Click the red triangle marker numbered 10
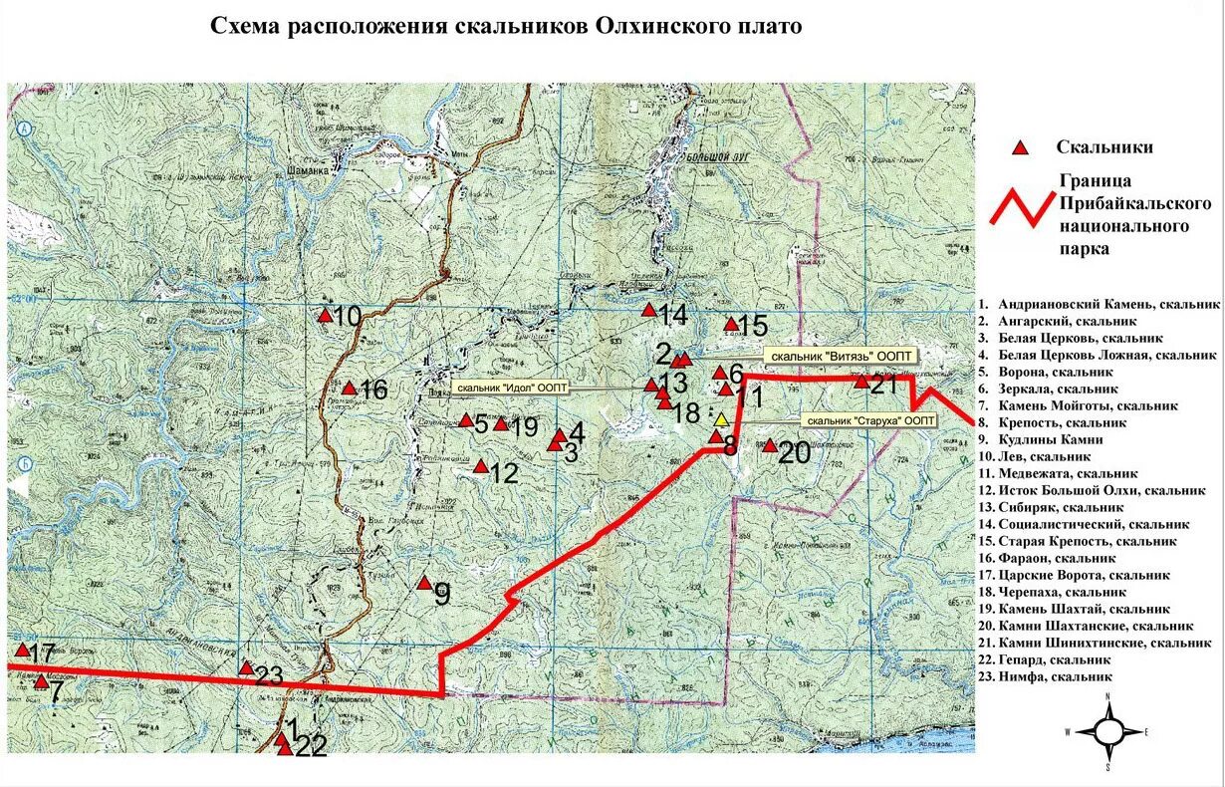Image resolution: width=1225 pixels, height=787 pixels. point(325,316)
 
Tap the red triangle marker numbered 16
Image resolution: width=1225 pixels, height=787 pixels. point(350,389)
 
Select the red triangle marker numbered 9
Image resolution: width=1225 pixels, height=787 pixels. point(423,583)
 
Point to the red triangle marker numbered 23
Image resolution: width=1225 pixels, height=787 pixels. point(246,667)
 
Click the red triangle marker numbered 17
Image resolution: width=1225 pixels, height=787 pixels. point(21,650)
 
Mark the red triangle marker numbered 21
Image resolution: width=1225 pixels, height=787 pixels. point(861,381)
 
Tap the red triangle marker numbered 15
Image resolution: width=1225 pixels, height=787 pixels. point(731,324)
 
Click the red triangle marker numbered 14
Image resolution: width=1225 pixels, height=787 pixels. point(649,310)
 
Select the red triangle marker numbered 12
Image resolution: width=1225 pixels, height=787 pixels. point(481,466)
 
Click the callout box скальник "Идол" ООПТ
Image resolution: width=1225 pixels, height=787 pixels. point(509,387)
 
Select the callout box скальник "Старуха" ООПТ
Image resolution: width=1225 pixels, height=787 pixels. point(869,420)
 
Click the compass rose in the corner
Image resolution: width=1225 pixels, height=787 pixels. point(1107,732)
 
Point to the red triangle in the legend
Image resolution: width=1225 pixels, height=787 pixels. point(1020,148)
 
